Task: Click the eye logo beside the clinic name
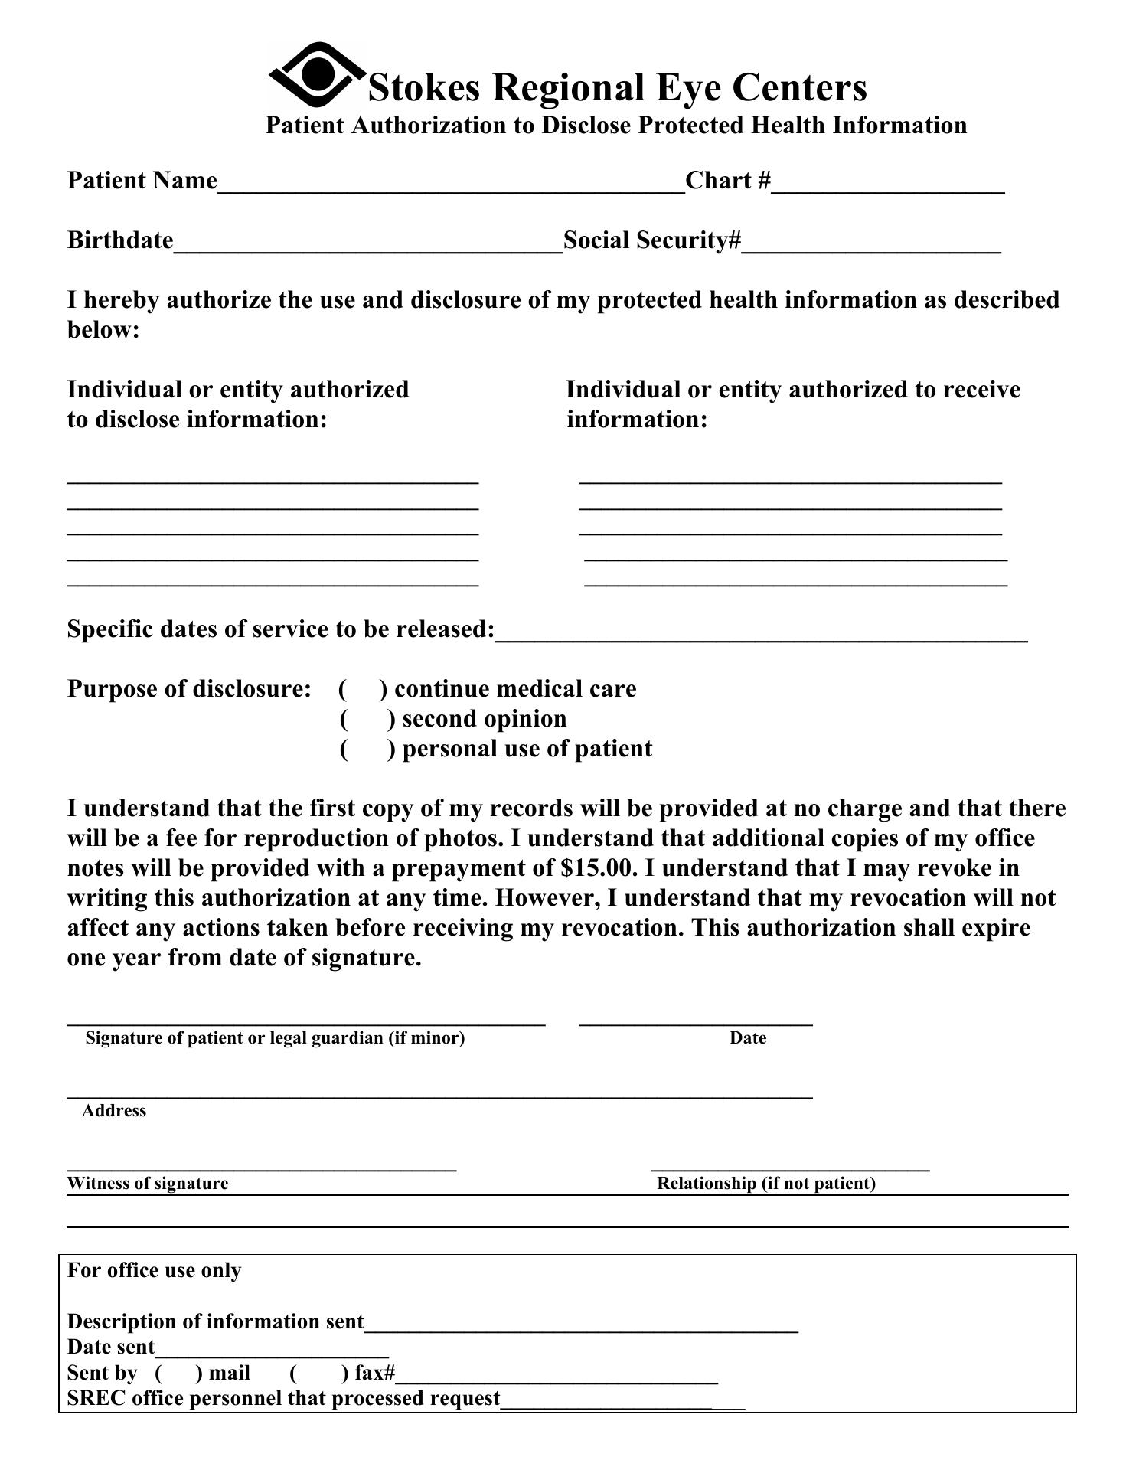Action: pyautogui.click(x=317, y=74)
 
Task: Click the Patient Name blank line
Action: pyautogui.click(x=451, y=184)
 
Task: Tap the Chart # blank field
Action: pyautogui.click(x=887, y=184)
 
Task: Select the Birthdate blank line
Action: pyautogui.click(x=368, y=243)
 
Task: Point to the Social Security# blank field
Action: pyautogui.click(x=871, y=243)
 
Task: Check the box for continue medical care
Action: pyautogui.click(x=359, y=689)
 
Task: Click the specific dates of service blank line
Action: pyautogui.click(x=761, y=632)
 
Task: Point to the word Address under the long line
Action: pyautogui.click(x=114, y=1111)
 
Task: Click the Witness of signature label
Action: pyautogui.click(x=148, y=1184)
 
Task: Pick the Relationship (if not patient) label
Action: pyautogui.click(x=765, y=1184)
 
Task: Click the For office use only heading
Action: pyautogui.click(x=154, y=1271)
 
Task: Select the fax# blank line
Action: pyautogui.click(x=557, y=1375)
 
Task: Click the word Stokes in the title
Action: pyautogui.click(x=424, y=87)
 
